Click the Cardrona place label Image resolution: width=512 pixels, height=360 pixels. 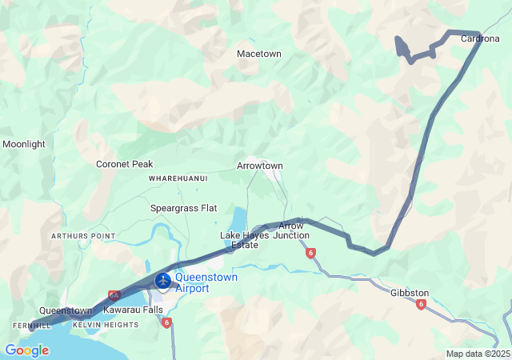480,38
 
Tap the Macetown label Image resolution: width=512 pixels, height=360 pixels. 258,54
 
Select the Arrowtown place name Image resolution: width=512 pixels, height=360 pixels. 260,166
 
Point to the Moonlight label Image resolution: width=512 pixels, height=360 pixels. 24,145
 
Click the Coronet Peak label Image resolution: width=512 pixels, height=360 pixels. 124,164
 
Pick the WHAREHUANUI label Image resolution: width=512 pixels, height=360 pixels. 178,178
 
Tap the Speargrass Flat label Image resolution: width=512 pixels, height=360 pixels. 184,208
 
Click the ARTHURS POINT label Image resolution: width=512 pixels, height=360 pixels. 83,237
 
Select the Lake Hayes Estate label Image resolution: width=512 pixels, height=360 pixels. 239,240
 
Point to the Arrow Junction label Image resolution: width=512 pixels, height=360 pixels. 291,231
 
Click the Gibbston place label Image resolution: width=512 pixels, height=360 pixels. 410,293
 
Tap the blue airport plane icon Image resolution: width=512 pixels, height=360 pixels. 164,281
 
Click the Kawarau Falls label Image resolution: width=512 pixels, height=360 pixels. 134,310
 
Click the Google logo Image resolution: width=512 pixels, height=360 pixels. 26,350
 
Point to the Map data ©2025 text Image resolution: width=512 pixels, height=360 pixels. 478,354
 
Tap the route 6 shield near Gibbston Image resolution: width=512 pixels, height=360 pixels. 421,304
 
